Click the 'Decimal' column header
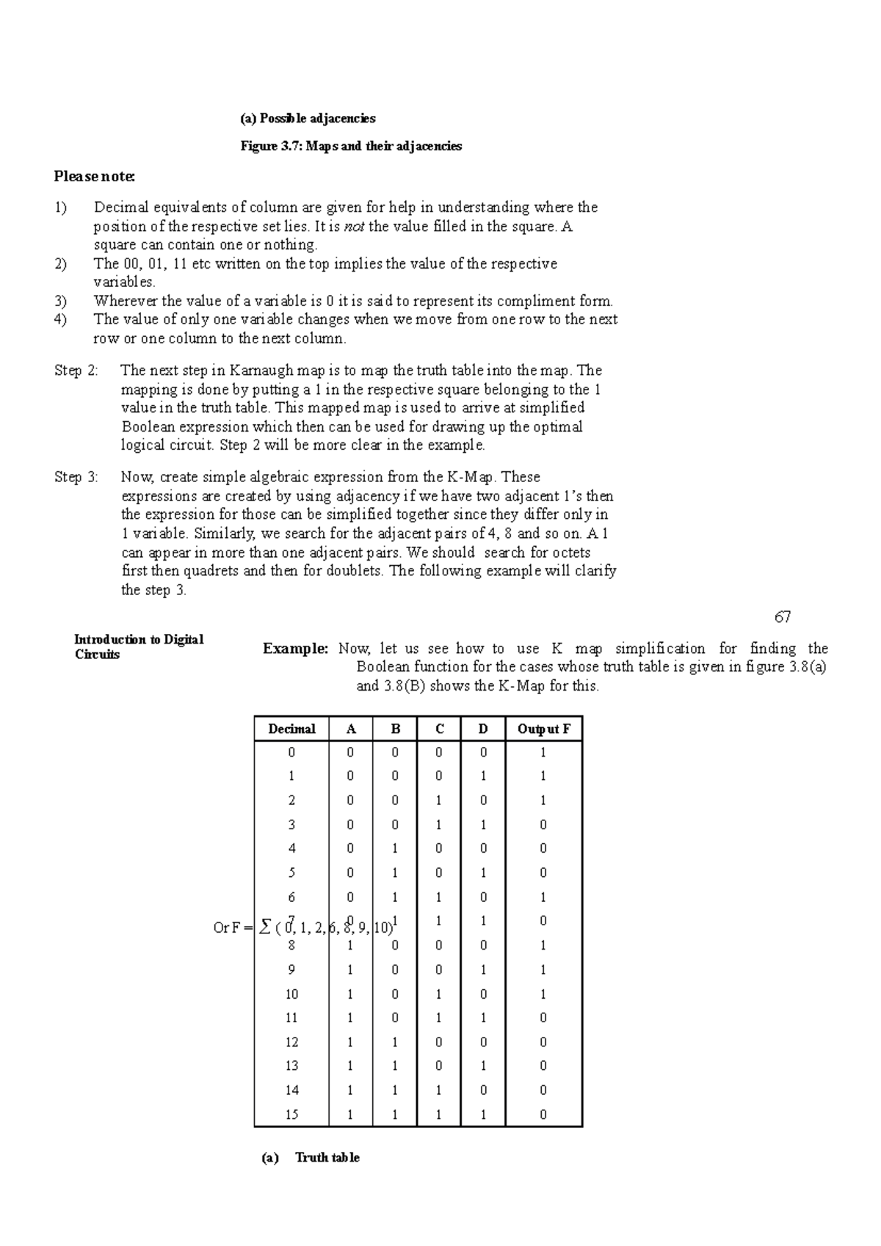(291, 729)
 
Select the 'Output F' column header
(543, 729)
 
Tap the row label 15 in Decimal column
(291, 1115)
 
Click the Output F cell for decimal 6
(543, 897)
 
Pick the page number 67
(783, 617)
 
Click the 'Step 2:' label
(76, 371)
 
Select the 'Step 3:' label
(76, 477)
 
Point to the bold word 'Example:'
(296, 649)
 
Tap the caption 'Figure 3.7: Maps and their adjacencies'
(351, 146)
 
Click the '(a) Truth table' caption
(311, 1157)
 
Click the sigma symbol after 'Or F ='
(265, 928)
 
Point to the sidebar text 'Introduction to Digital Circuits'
(138, 646)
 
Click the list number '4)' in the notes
(60, 319)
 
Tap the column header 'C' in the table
(439, 729)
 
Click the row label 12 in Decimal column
(291, 1042)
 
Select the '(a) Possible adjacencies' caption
(308, 118)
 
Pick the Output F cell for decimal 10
(543, 994)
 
